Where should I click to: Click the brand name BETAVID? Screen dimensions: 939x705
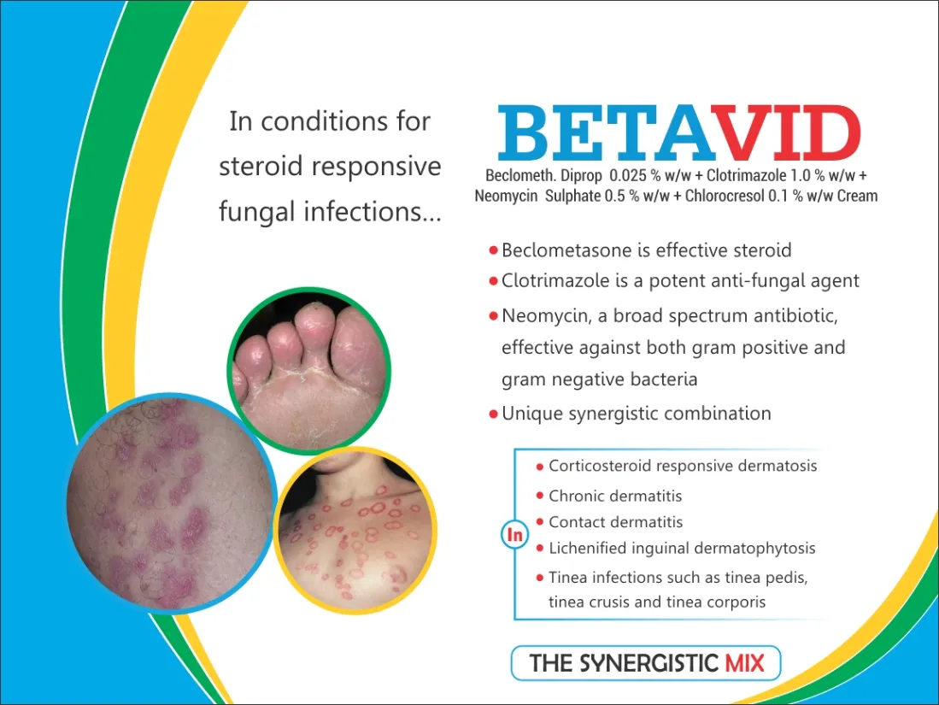tap(679, 133)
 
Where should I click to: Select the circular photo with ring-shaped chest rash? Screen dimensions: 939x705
tap(355, 531)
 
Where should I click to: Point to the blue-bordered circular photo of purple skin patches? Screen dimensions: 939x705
tap(171, 502)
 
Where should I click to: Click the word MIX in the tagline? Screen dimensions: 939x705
tap(744, 663)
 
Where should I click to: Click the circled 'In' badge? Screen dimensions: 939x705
tap(514, 534)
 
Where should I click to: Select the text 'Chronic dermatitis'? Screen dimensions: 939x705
tap(615, 496)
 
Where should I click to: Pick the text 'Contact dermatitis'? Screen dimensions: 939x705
tap(616, 522)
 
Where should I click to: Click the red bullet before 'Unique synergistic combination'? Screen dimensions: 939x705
tap(494, 414)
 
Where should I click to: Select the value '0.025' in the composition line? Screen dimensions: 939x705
tap(628, 175)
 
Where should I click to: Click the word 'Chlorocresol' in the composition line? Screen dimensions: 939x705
tap(725, 196)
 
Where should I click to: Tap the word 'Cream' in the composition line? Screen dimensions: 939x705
tap(857, 196)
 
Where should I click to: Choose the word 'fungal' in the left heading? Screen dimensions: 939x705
tap(257, 211)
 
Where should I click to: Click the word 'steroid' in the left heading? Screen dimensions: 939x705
tap(261, 166)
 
